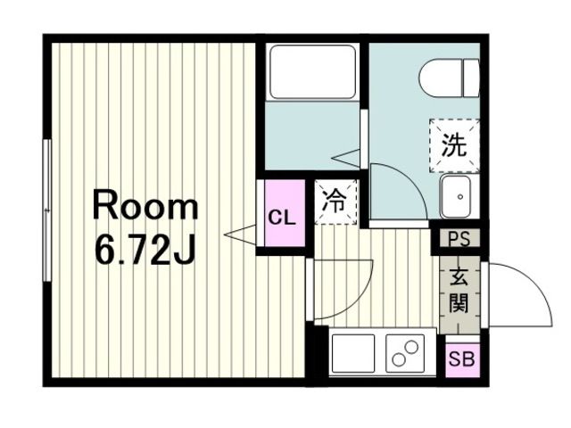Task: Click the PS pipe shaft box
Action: point(459,239)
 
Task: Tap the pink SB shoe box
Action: point(461,359)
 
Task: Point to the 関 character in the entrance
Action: point(459,304)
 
